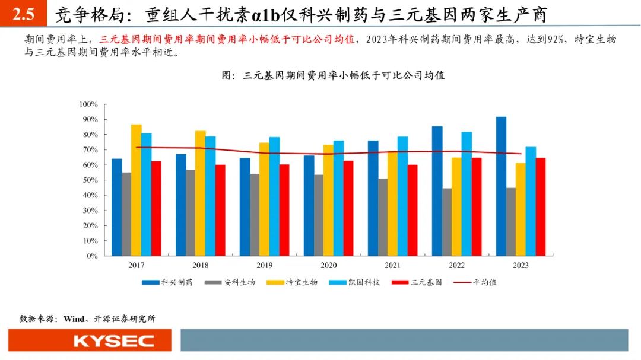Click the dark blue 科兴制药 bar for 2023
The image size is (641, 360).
pyautogui.click(x=501, y=186)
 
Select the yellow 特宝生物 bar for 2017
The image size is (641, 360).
pyautogui.click(x=137, y=190)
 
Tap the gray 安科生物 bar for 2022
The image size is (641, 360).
pyautogui.click(x=447, y=222)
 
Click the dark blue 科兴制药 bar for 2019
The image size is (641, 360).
pyautogui.click(x=245, y=207)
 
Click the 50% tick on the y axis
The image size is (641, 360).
pyautogui.click(x=90, y=180)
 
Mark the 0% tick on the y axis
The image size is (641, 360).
pyautogui.click(x=91, y=256)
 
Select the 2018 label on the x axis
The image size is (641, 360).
pyautogui.click(x=200, y=266)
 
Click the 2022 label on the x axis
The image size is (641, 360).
pyautogui.click(x=456, y=266)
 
